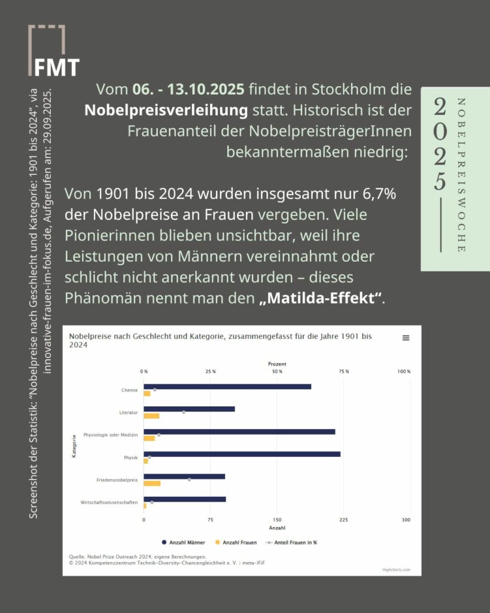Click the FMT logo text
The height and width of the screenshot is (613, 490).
point(56,66)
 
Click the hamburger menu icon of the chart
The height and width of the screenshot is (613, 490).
point(406,338)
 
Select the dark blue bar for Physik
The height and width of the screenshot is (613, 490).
point(242,454)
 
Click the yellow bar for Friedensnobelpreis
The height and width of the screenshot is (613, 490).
point(152,483)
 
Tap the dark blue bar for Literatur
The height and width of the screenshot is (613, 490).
point(189,409)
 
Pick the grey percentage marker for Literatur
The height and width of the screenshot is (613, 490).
point(184,412)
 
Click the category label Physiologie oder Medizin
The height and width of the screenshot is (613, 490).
point(111,435)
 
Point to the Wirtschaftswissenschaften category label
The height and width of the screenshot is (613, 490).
point(109,502)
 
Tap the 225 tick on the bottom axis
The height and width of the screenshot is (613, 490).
point(343,520)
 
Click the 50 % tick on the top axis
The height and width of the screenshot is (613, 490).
point(277,372)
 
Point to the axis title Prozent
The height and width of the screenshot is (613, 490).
point(277,363)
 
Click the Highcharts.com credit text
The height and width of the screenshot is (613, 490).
point(396,569)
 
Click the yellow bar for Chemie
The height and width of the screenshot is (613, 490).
point(147,393)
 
